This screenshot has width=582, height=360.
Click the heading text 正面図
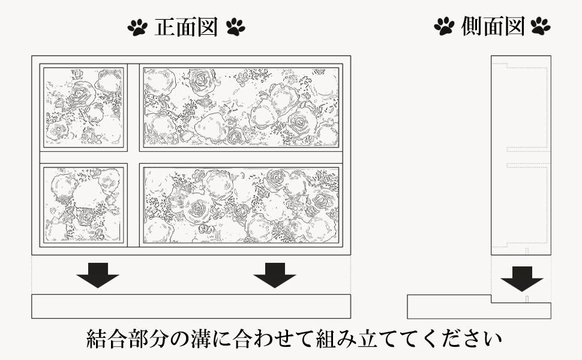tap(186, 27)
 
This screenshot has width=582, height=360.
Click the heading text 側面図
tap(493, 26)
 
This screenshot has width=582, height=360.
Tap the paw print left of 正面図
tap(137, 28)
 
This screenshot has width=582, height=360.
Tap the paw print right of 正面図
tap(235, 27)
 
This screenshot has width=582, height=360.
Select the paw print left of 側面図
tap(444, 26)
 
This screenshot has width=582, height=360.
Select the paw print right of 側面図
tap(541, 26)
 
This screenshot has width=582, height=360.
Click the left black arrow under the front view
tap(98, 275)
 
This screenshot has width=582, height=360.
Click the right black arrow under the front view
tap(275, 275)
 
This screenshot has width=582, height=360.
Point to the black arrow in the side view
tap(522, 279)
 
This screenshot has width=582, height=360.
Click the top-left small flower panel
tap(83, 107)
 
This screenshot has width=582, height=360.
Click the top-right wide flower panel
tap(241, 107)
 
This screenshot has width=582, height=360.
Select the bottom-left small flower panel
tap(83, 205)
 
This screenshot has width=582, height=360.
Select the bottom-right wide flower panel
tap(241, 205)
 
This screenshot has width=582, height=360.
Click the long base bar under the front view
tap(191, 307)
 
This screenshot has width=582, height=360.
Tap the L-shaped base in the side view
tap(479, 311)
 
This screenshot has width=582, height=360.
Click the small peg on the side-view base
tap(527, 299)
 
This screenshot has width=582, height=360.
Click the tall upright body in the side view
tap(521, 155)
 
